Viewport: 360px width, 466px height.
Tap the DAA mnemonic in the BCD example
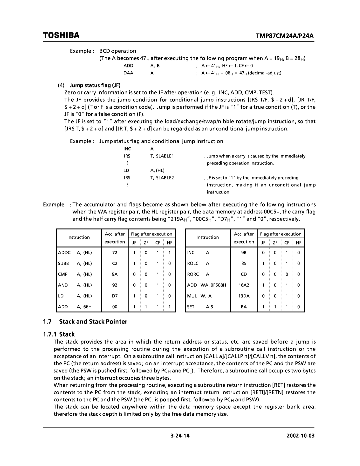(x=128, y=73)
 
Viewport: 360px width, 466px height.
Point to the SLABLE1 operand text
(x=162, y=156)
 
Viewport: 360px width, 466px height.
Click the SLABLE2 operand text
(x=162, y=178)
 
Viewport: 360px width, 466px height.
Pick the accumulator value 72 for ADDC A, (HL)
(x=115, y=253)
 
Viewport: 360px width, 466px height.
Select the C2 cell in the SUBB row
(x=115, y=264)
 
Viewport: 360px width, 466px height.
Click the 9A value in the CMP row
(x=115, y=274)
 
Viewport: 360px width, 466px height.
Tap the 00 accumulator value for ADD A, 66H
(x=115, y=307)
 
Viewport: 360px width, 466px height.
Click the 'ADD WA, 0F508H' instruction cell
(x=207, y=285)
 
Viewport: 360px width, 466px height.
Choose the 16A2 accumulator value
(x=244, y=285)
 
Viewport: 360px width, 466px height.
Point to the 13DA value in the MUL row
(x=244, y=296)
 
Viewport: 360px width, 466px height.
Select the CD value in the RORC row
(x=244, y=274)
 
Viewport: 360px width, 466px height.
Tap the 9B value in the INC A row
(x=244, y=253)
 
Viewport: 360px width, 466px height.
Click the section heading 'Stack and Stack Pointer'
(x=93, y=322)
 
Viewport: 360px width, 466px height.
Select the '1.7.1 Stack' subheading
(x=59, y=334)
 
